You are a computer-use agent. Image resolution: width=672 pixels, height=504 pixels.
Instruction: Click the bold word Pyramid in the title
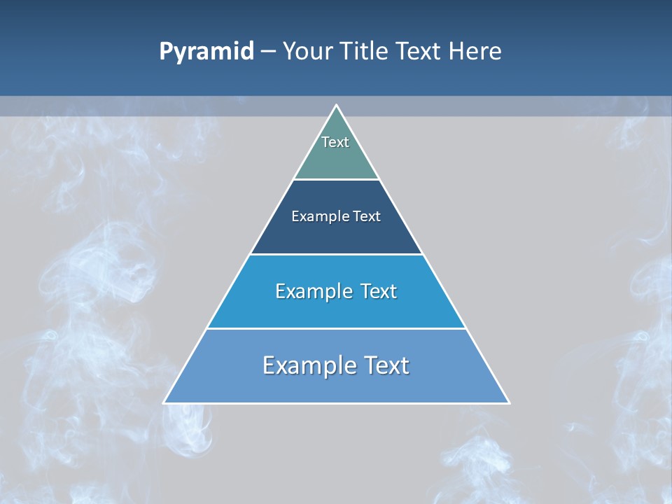(x=206, y=52)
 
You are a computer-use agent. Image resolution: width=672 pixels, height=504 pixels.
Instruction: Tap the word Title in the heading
(x=367, y=52)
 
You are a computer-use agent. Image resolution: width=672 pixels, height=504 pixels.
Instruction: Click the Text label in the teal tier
(x=335, y=142)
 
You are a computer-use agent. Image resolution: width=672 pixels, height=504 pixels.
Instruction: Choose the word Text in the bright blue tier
(x=379, y=291)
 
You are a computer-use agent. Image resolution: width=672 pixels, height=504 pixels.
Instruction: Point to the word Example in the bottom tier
(x=300, y=365)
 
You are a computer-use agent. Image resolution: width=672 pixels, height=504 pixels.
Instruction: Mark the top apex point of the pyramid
(x=336, y=106)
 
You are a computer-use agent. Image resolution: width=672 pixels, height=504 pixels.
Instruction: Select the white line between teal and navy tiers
(x=336, y=179)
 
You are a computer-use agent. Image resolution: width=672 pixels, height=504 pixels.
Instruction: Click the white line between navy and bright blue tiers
(x=336, y=254)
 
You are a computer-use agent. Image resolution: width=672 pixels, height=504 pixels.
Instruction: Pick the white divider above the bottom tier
(x=336, y=328)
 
